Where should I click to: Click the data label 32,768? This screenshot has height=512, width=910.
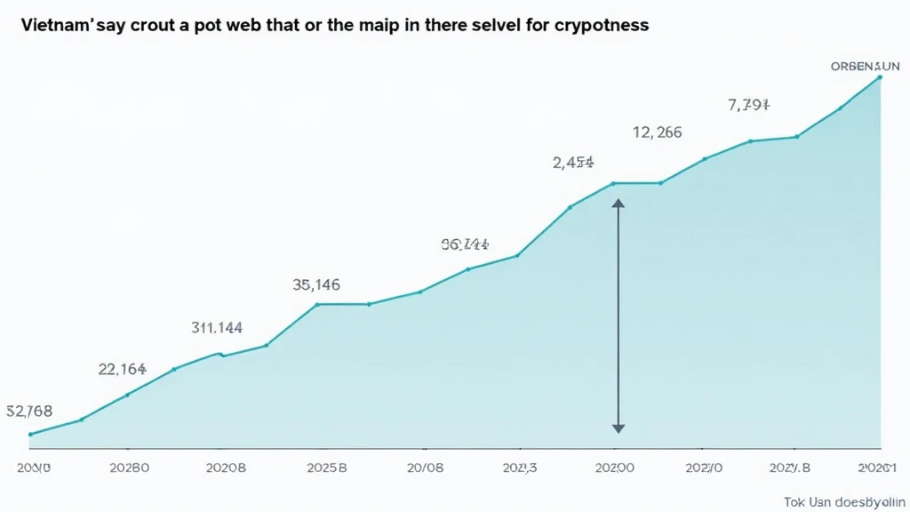point(29,411)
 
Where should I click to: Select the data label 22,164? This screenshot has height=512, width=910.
point(122,369)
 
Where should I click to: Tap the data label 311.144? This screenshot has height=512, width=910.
point(217,327)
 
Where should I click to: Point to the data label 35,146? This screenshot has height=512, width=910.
point(316,285)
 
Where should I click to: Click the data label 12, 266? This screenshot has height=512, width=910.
point(658,132)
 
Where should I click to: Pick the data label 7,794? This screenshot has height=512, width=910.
point(748,105)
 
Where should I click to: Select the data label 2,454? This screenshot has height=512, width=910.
point(573,163)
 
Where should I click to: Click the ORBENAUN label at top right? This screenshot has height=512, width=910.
point(866,66)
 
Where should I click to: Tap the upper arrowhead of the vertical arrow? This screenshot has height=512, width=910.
point(619,204)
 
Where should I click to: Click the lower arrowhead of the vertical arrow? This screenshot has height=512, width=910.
point(619,428)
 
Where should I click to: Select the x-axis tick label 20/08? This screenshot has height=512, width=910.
point(424,467)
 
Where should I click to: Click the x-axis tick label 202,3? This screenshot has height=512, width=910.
point(520,467)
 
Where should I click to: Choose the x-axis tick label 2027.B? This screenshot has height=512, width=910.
point(790,467)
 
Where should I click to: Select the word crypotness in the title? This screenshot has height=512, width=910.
point(603,26)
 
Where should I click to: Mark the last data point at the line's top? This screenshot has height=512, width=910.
point(880,77)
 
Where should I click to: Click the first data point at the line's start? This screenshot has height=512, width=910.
point(30,434)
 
